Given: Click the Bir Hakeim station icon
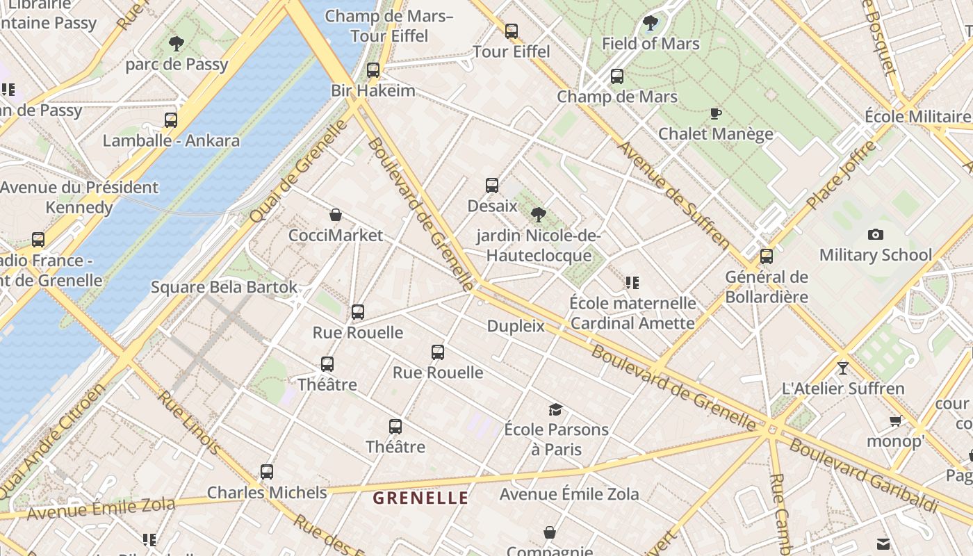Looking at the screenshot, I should (373, 70).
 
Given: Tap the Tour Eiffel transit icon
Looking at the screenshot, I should (512, 31).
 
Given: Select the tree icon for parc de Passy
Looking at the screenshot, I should (177, 44).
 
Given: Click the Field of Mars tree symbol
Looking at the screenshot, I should (651, 24).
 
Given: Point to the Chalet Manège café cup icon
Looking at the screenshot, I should (715, 113).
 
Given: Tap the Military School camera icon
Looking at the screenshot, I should (876, 235).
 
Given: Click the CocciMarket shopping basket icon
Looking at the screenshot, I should (336, 215).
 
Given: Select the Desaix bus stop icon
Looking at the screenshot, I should (492, 186).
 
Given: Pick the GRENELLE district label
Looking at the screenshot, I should (420, 498).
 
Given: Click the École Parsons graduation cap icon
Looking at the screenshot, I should (555, 409).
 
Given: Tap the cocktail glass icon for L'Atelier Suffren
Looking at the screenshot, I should (843, 368).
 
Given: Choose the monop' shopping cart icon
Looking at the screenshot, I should (896, 420).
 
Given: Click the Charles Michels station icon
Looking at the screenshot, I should (267, 472).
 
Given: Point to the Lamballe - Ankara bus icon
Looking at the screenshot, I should (171, 120).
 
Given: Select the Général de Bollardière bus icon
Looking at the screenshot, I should (767, 256).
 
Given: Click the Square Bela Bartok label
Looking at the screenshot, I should (224, 287).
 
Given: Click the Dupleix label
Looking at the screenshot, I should (516, 326).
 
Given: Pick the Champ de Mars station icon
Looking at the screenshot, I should (617, 76).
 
